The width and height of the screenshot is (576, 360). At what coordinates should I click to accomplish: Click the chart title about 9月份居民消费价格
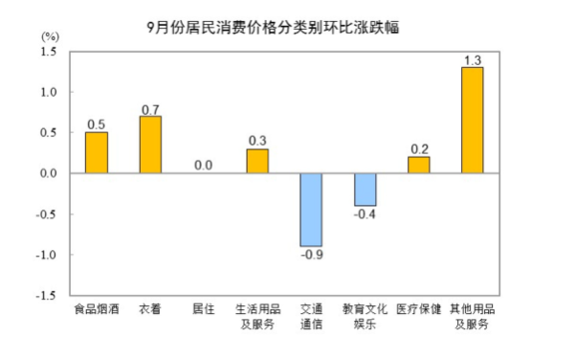tap(273, 28)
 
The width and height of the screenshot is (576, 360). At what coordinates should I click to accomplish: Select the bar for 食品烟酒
tap(97, 152)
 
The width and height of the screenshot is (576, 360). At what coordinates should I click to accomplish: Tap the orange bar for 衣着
tap(150, 145)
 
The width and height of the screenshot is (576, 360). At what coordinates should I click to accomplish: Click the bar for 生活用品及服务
tap(257, 161)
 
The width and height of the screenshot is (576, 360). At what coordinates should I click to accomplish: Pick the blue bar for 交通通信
tap(311, 210)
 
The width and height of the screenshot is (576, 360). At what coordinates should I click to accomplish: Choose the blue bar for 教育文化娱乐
tap(366, 190)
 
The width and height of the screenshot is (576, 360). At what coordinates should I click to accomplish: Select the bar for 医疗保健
tap(419, 165)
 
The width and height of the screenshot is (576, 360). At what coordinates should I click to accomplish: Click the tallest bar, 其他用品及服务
tap(473, 121)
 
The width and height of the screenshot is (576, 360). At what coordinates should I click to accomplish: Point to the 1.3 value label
tap(473, 60)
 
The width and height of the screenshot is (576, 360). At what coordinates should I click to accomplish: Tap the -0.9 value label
tap(312, 255)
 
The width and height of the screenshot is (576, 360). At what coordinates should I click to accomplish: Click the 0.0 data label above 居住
tap(204, 166)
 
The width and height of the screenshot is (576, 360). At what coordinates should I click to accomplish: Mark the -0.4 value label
tap(365, 214)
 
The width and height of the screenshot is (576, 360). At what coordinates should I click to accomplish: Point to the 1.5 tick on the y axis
tap(49, 52)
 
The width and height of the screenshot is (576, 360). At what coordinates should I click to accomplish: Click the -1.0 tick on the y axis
tap(46, 255)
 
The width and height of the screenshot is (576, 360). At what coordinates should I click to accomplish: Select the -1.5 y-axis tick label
tap(46, 296)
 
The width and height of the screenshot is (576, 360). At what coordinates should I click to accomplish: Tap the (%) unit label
tap(50, 36)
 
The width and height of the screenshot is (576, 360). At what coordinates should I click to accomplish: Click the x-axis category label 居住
tap(204, 309)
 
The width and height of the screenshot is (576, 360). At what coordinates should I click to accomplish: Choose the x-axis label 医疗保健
tap(419, 309)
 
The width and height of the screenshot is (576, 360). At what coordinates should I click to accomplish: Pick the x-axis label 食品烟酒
tap(97, 309)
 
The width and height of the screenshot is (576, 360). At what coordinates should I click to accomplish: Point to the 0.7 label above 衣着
tap(150, 110)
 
